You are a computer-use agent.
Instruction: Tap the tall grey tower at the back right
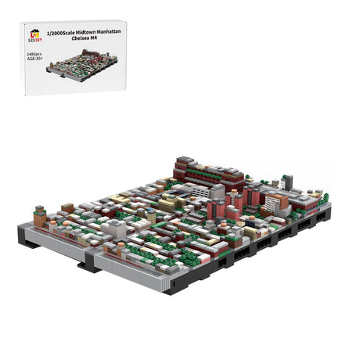[287, 182]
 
